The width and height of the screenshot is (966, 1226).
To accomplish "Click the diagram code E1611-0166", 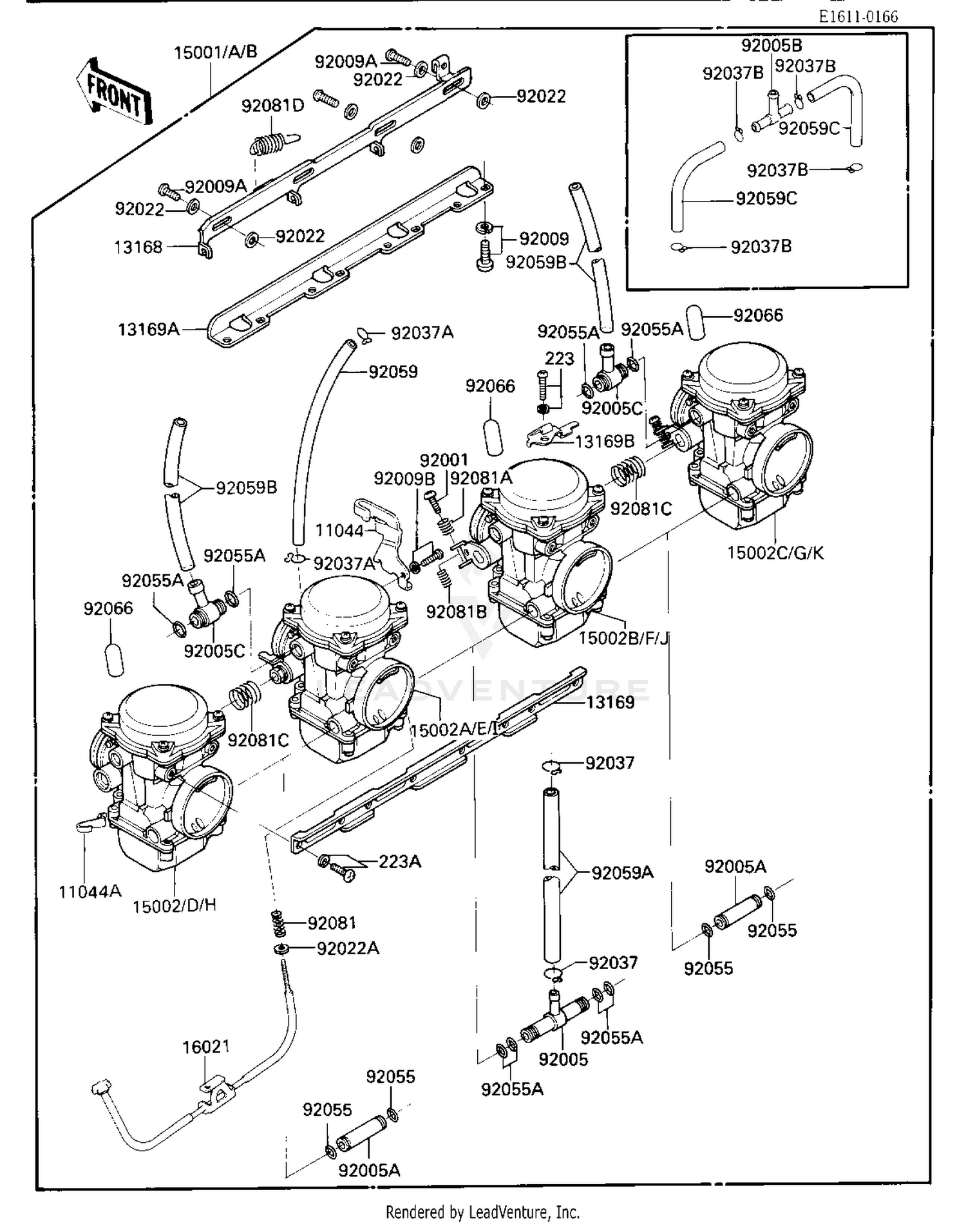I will (858, 17).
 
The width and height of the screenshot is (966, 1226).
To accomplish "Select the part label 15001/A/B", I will (216, 52).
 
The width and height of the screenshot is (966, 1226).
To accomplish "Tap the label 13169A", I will (148, 330).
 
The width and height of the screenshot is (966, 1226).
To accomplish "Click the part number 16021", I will (206, 1047).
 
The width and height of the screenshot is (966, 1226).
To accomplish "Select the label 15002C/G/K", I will (775, 552).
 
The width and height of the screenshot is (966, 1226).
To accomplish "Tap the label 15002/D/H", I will (175, 905).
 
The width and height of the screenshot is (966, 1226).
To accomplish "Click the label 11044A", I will (90, 891).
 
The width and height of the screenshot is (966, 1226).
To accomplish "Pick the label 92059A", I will (622, 872).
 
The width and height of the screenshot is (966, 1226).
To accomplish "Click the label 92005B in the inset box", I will (772, 46).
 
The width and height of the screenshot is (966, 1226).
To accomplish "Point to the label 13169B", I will (604, 441).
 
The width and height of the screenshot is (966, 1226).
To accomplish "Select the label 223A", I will (399, 861).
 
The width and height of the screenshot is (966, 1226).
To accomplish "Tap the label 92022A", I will (348, 948).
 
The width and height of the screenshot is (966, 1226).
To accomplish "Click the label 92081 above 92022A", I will (332, 923).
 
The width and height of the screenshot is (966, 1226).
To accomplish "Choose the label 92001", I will (444, 460).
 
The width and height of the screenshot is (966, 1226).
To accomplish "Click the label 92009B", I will (404, 478).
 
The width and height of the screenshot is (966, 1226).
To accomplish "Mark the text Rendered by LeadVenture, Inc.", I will (482, 1212).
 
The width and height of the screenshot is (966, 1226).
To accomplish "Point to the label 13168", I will (138, 247).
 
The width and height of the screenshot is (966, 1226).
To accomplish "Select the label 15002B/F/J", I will (623, 638).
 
